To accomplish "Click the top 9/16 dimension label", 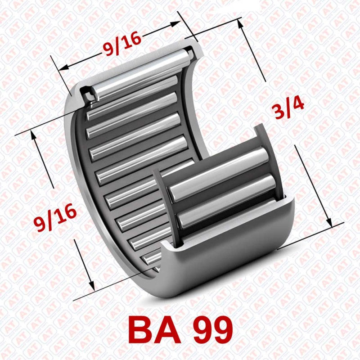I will pyautogui.click(x=121, y=45).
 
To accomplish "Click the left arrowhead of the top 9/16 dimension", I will pyautogui.click(x=63, y=68).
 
